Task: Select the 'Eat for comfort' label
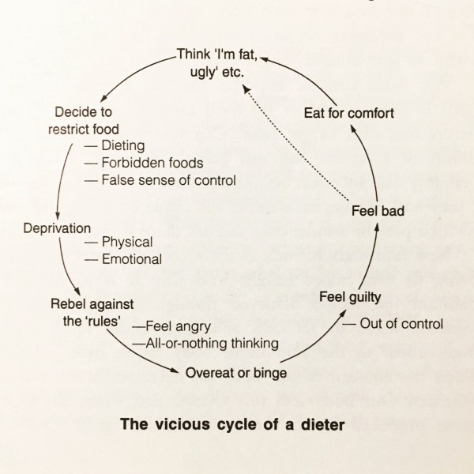348,113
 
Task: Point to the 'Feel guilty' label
351,297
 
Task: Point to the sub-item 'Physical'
127,242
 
